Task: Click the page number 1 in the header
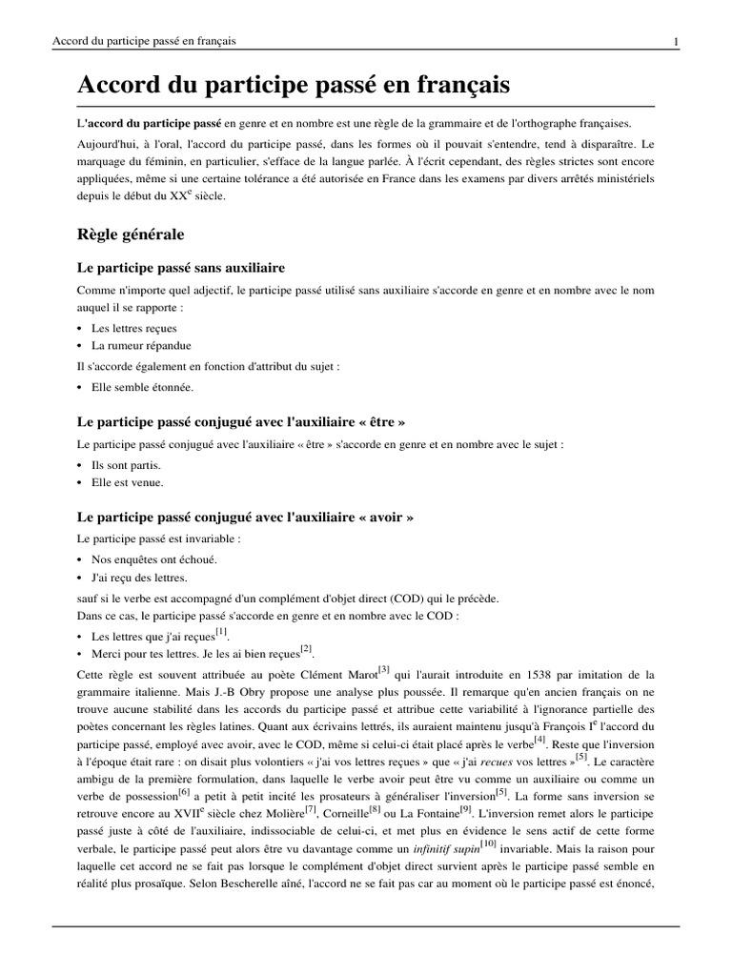point(675,41)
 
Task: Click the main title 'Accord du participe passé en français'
point(294,85)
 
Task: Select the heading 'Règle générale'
point(130,233)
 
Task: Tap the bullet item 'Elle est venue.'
point(128,482)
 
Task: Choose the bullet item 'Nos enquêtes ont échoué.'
point(153,559)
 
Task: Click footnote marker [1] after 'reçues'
point(221,631)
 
